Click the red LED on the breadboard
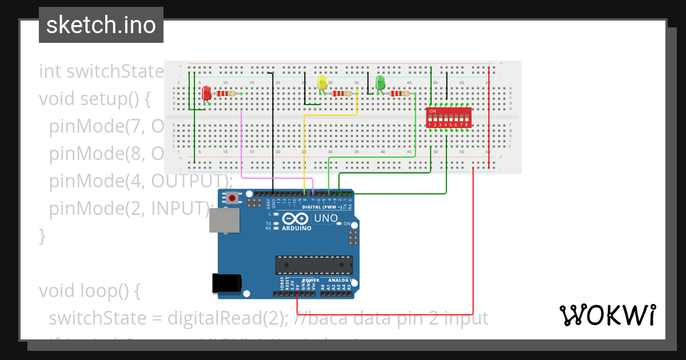click(206, 93)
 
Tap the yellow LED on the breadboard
click(322, 83)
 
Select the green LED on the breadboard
click(380, 83)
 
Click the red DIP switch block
click(449, 118)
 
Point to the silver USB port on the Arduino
click(224, 220)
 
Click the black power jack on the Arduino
click(226, 283)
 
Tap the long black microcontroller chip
click(314, 265)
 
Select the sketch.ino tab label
click(101, 25)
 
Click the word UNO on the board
click(326, 218)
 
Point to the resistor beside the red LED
click(227, 94)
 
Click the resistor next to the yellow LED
click(342, 94)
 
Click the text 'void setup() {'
click(94, 99)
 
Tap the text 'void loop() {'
click(89, 291)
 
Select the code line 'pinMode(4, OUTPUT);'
click(141, 181)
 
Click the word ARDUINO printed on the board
click(297, 228)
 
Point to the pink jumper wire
click(242, 149)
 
